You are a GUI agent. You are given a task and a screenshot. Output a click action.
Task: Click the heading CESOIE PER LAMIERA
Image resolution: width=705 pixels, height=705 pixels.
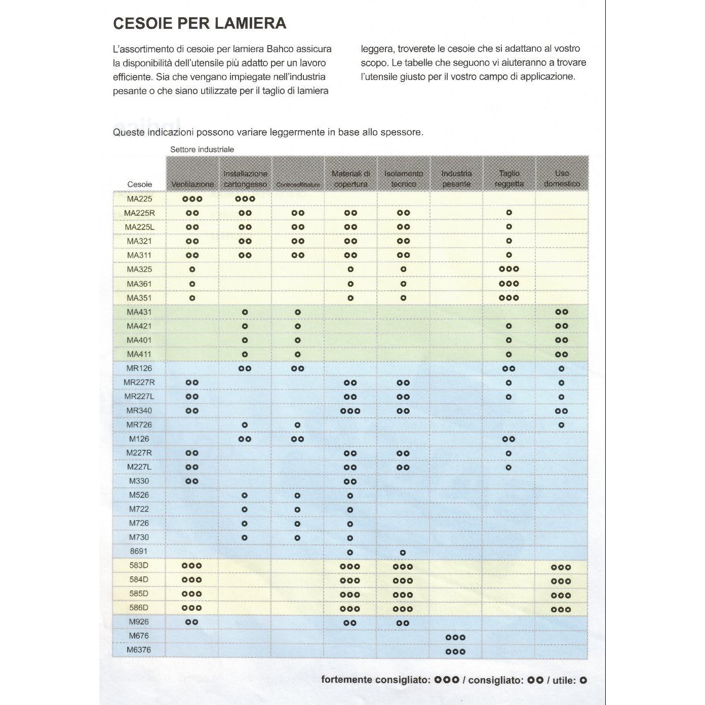click(200, 23)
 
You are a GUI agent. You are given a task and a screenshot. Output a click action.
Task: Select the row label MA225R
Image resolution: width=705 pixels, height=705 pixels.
click(139, 213)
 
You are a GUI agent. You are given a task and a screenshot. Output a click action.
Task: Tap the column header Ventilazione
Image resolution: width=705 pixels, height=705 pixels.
click(192, 184)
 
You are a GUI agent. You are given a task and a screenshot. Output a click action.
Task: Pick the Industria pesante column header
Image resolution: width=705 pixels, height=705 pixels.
click(456, 179)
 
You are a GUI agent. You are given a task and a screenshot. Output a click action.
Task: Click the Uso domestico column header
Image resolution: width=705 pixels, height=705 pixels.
click(562, 179)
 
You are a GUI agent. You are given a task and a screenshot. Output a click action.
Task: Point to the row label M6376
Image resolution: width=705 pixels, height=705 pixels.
click(139, 650)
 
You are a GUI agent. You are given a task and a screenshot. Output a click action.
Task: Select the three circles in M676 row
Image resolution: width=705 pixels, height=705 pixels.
click(455, 637)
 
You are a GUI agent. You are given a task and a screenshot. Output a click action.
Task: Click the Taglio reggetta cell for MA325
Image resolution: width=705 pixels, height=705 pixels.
click(509, 269)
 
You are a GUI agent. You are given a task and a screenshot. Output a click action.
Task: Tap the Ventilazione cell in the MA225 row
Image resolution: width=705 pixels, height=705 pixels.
click(192, 199)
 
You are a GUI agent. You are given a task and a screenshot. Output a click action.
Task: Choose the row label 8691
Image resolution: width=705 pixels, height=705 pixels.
click(139, 551)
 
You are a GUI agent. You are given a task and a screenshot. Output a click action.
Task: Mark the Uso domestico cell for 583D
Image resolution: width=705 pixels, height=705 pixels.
click(561, 567)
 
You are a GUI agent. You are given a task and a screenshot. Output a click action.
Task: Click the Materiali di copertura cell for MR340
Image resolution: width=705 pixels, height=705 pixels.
click(350, 411)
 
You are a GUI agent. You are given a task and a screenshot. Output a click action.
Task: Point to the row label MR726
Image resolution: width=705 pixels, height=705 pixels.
click(139, 424)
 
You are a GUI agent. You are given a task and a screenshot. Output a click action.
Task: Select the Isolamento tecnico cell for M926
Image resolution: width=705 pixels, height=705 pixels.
click(403, 623)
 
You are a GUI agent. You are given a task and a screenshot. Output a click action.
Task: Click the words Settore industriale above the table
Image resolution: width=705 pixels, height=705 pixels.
click(202, 149)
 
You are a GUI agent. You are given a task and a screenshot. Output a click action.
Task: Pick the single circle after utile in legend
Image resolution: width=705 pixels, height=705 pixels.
click(583, 680)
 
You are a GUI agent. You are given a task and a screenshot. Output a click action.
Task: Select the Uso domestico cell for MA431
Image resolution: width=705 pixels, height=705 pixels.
click(561, 312)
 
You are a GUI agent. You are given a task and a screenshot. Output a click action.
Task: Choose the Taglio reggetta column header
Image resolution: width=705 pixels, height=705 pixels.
click(509, 179)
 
